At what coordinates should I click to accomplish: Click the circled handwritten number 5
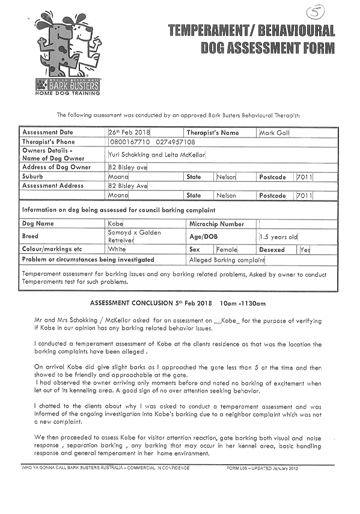point(315,12)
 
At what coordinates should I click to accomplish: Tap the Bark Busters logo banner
point(67,85)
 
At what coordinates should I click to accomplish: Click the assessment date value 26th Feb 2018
point(129,133)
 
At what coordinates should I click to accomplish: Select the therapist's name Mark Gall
point(274,133)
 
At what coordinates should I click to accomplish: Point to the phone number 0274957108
point(175,142)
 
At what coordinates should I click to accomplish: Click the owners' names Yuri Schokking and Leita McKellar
point(156,155)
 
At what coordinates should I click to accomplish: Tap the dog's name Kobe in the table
point(115,224)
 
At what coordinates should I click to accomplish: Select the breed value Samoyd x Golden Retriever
point(134,237)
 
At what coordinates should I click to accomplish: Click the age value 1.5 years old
point(278,237)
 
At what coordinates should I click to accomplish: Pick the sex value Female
point(227,249)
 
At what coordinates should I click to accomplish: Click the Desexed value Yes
point(305,250)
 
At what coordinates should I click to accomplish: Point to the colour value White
point(117,249)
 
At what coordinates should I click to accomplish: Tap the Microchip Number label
point(216,224)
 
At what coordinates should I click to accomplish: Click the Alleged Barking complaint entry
point(227,260)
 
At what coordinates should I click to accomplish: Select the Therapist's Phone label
point(49,142)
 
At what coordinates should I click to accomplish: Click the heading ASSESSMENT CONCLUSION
point(132,303)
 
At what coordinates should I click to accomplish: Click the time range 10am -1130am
point(243,304)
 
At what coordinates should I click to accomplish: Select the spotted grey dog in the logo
point(56,46)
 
